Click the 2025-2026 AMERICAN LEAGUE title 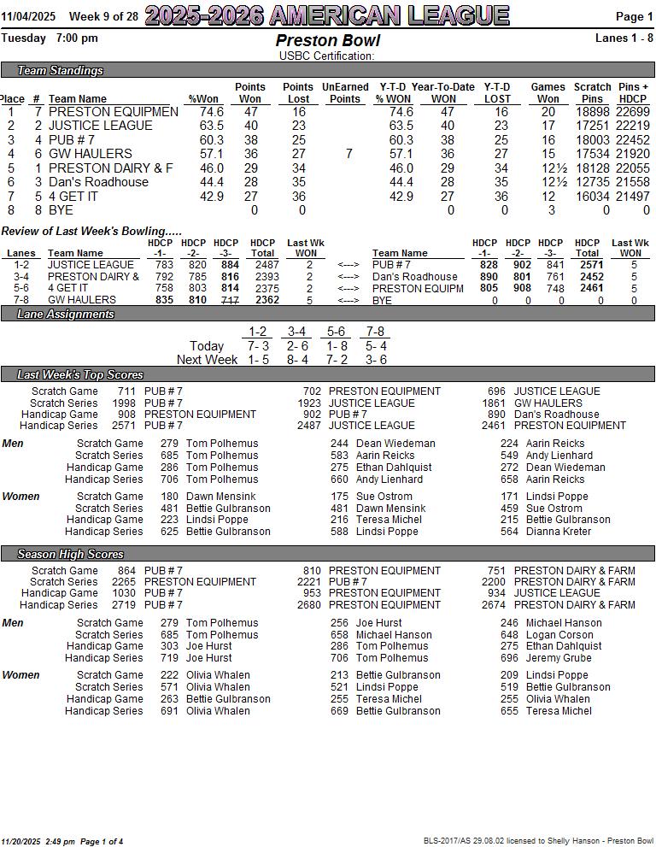(327, 15)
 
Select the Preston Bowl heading (327, 41)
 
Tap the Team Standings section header (60, 70)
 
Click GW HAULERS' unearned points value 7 (348, 154)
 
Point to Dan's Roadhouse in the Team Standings (98, 182)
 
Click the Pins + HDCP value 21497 (633, 197)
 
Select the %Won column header (203, 99)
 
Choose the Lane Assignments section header (66, 314)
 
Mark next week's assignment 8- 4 (297, 360)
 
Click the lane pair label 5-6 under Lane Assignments (336, 332)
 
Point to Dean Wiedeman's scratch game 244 (339, 444)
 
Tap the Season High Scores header (70, 554)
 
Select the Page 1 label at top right (634, 16)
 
